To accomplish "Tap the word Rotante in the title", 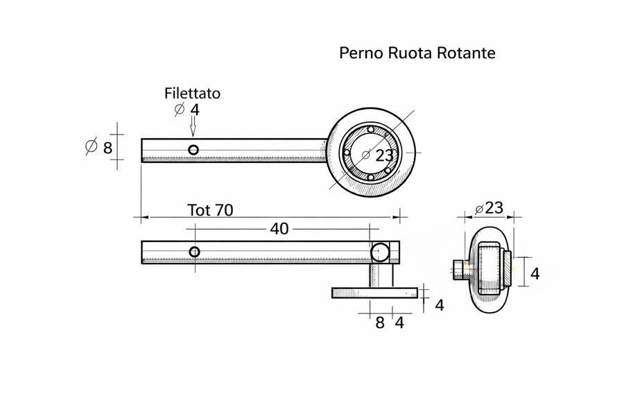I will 467,53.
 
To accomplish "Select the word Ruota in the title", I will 408,53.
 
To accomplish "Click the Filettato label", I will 192,94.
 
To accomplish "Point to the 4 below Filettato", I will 195,110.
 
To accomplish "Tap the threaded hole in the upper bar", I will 193,149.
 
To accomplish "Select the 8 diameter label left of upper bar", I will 107,148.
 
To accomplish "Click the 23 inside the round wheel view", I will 384,156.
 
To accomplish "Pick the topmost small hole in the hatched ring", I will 371,130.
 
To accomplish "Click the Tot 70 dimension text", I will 210,210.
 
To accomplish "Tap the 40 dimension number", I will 279,229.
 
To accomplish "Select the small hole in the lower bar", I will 194,252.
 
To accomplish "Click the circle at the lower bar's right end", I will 380,251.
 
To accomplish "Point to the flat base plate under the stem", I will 374,293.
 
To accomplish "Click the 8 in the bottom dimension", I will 380,322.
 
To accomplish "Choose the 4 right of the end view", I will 535,274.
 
